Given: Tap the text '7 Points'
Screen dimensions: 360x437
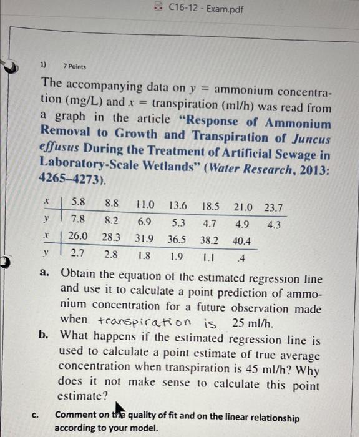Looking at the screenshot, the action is click(x=75, y=67).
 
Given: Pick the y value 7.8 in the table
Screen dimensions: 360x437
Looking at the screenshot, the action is click(x=79, y=219).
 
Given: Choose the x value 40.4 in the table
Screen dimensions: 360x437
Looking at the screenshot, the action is click(x=241, y=241).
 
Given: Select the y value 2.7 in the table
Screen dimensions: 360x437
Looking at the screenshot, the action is click(x=78, y=254).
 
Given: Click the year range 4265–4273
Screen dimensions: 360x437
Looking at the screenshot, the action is click(x=71, y=180).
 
